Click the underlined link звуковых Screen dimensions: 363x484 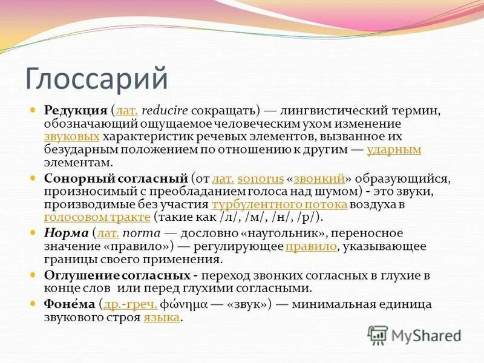(x=72, y=137)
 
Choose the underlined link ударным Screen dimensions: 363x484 (x=394, y=149)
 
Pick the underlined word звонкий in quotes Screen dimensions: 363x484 (x=319, y=178)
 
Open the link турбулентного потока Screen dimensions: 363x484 (x=280, y=204)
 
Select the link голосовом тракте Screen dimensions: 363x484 (x=97, y=217)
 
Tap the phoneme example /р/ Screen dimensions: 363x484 (x=308, y=217)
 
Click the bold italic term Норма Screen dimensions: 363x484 (x=66, y=233)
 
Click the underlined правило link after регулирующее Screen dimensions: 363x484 (x=310, y=246)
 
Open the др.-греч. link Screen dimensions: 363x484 (x=131, y=304)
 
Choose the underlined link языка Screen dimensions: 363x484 (x=162, y=318)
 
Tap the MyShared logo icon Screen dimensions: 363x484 (x=378, y=334)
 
